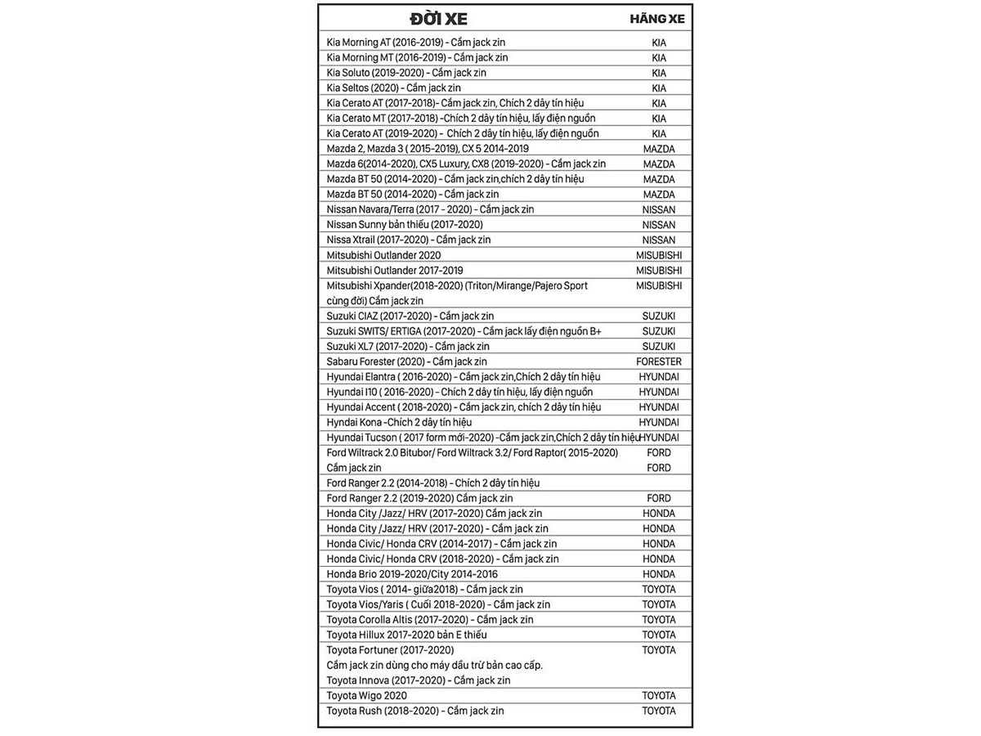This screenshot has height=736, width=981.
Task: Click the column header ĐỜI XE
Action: (x=439, y=19)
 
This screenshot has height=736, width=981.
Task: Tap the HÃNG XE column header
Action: (x=657, y=19)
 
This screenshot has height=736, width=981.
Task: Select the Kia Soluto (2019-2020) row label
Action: (x=406, y=73)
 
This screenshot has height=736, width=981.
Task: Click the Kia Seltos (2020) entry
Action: (x=393, y=88)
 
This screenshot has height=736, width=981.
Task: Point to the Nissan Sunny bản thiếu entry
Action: (x=404, y=224)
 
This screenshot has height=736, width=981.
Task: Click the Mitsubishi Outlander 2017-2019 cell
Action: (x=395, y=270)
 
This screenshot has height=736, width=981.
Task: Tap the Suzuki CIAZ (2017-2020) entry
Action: (x=410, y=316)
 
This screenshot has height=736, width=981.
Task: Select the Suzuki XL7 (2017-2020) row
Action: (x=407, y=346)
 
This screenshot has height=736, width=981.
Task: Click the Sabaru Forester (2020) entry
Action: (x=406, y=361)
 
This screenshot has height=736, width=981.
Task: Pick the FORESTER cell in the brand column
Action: (x=658, y=361)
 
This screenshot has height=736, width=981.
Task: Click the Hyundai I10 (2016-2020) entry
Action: (x=459, y=392)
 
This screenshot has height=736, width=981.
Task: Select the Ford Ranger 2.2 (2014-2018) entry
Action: (x=432, y=483)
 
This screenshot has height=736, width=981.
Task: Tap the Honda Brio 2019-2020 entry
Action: (x=412, y=574)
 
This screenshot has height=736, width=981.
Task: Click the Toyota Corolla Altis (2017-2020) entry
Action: (x=429, y=620)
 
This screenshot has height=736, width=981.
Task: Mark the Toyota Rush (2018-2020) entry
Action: (x=415, y=711)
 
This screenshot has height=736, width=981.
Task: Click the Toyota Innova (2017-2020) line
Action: (x=418, y=680)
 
